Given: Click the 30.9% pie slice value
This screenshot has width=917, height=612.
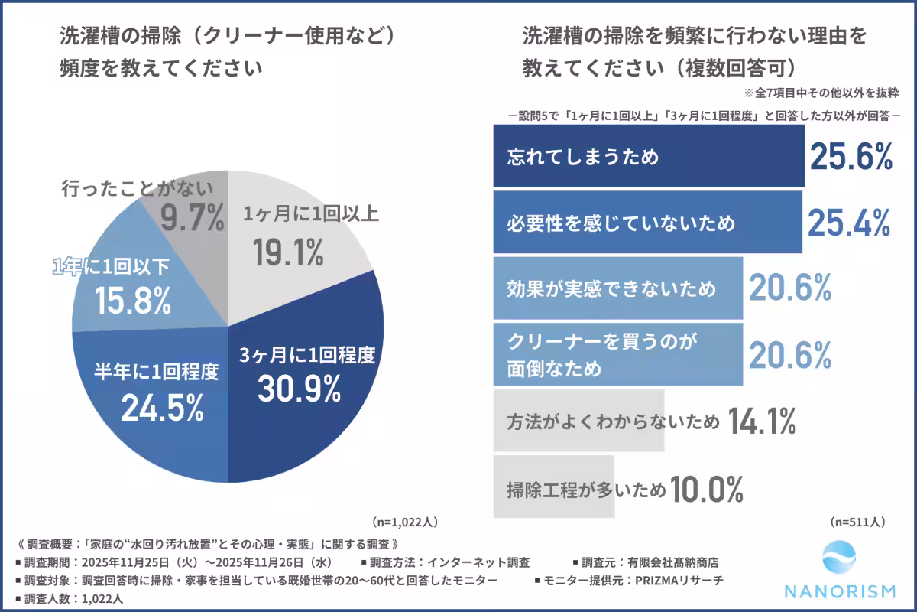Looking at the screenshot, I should click(x=299, y=389).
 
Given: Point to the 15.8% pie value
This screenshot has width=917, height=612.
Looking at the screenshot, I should click(x=132, y=301).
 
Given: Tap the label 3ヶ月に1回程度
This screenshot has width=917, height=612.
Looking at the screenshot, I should click(x=306, y=355).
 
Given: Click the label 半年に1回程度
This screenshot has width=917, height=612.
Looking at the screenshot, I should click(x=156, y=373).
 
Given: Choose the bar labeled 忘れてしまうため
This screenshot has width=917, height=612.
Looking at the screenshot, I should click(x=649, y=157).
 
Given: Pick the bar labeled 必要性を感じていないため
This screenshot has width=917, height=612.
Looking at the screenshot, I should click(x=647, y=223).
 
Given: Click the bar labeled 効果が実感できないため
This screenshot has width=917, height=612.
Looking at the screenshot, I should click(x=618, y=288).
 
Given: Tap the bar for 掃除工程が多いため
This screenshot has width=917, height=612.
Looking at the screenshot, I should click(x=554, y=488).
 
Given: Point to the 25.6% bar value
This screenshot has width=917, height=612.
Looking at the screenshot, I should click(x=851, y=157).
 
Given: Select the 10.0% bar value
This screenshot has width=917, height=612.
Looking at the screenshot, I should click(x=707, y=487).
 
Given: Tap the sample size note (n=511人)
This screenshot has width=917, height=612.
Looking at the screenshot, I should click(x=857, y=522).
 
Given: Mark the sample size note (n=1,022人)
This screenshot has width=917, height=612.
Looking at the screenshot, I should click(x=405, y=522).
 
